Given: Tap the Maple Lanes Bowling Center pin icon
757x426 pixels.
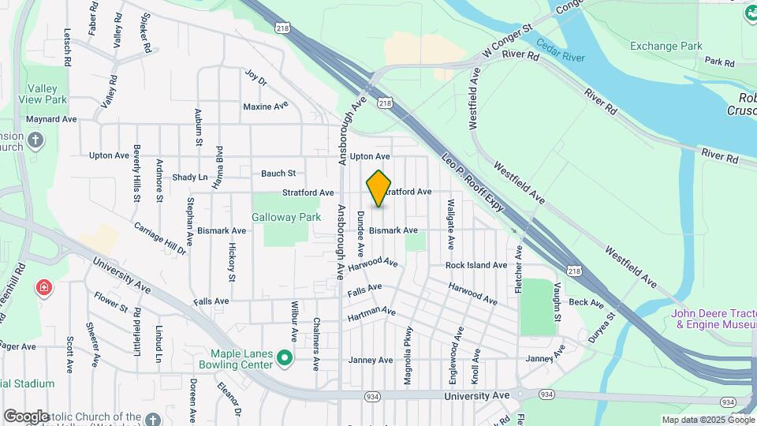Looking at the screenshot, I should click(x=287, y=361).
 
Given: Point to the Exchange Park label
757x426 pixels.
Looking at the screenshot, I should click(x=666, y=46).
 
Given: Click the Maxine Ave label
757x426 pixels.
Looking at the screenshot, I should click(x=266, y=106).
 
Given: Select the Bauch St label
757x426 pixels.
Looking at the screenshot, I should click(x=278, y=173).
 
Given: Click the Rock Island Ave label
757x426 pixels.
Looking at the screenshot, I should click(x=475, y=266).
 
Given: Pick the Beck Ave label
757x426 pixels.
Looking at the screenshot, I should click(x=586, y=302).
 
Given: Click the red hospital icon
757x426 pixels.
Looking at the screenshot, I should click(x=43, y=288).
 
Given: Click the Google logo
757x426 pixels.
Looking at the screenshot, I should click(x=25, y=417).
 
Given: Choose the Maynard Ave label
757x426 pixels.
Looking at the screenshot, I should click(x=50, y=119).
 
